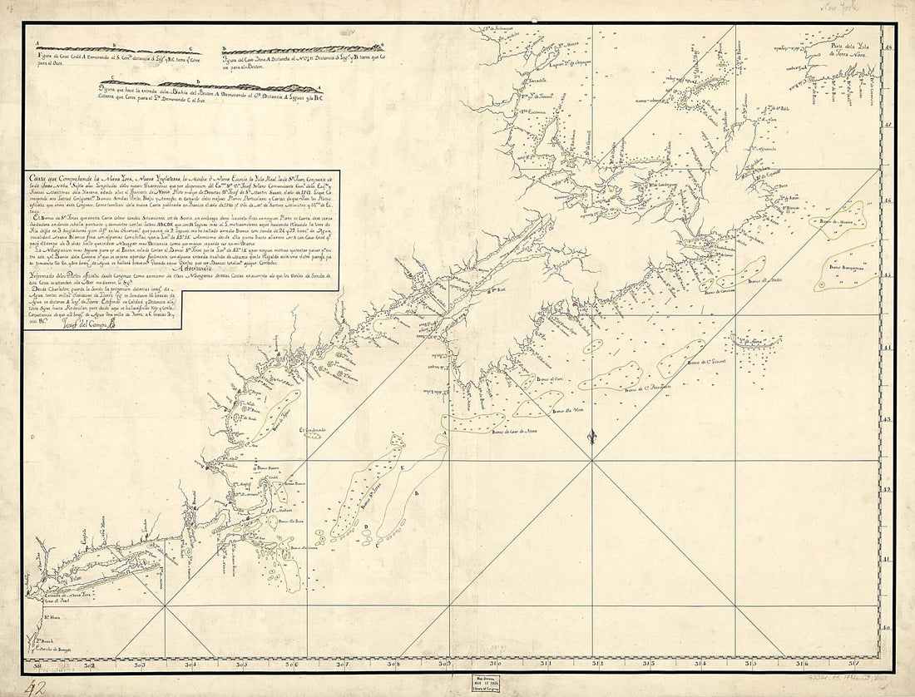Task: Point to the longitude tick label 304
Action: click(x=191, y=664)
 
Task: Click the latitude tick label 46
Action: click(x=888, y=200)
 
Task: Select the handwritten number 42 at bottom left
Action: click(x=33, y=686)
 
